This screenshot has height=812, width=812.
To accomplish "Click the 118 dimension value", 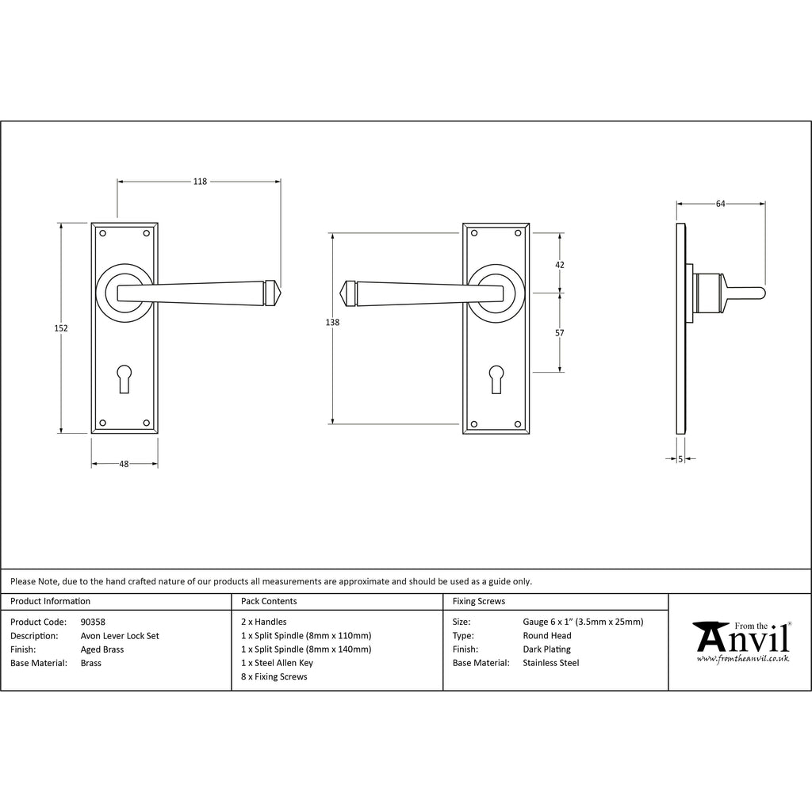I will click(200, 182).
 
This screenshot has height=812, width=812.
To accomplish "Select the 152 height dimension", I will click(62, 328).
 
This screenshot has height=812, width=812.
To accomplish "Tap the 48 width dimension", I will click(124, 465).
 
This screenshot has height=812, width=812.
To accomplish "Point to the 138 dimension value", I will click(333, 322).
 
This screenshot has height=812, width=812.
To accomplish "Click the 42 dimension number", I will click(560, 265).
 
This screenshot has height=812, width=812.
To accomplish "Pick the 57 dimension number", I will click(560, 333).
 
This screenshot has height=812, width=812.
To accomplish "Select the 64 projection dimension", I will click(720, 204).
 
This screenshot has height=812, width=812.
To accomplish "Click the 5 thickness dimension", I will click(680, 458).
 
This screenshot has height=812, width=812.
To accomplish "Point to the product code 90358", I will click(93, 622).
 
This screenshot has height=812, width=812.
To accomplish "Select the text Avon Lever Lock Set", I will click(120, 636).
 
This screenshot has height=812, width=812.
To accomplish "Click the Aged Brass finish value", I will click(102, 649).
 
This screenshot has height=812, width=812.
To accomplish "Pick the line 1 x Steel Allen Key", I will click(277, 663).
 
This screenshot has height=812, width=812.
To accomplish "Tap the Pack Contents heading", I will click(269, 602).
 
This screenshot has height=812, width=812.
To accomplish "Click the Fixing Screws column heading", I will click(478, 602).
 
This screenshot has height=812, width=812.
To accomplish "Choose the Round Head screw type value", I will click(547, 636).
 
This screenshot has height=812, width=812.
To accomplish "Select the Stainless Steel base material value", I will click(551, 663).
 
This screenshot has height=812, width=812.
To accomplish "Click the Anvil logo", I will click(741, 638).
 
